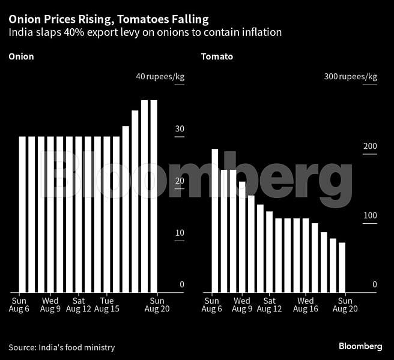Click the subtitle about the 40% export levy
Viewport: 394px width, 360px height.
click(x=145, y=32)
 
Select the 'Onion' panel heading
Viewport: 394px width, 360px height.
click(x=21, y=57)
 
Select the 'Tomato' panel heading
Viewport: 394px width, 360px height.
click(x=217, y=57)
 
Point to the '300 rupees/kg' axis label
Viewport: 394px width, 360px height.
click(x=351, y=77)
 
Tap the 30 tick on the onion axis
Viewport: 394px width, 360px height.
click(x=180, y=130)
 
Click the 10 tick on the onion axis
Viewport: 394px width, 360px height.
click(x=180, y=233)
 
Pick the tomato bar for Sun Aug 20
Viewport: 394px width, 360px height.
click(x=342, y=268)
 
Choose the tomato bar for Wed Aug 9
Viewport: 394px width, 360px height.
click(x=242, y=237)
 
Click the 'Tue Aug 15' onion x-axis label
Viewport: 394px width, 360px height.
click(x=106, y=305)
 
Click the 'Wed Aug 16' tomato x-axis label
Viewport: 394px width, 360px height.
click(x=305, y=305)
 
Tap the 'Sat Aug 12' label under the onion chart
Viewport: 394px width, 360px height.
click(x=78, y=305)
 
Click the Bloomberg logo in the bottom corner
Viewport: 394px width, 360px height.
click(x=360, y=347)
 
